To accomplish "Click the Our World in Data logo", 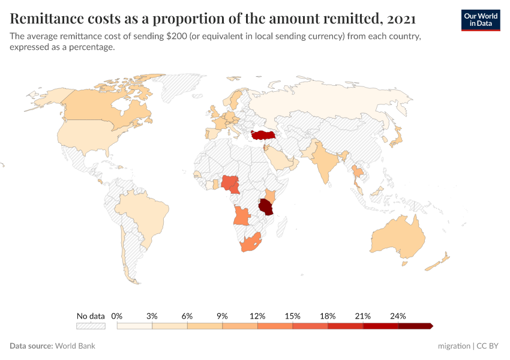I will tap(480, 20).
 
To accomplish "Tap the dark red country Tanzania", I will tap(266, 208).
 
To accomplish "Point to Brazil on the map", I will tap(141, 213).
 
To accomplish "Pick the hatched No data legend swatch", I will tap(91, 326).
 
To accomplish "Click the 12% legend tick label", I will tap(257, 316).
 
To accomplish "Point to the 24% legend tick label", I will tap(398, 316).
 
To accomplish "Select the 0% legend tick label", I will tap(117, 316).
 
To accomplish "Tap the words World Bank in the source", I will tap(75, 346).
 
